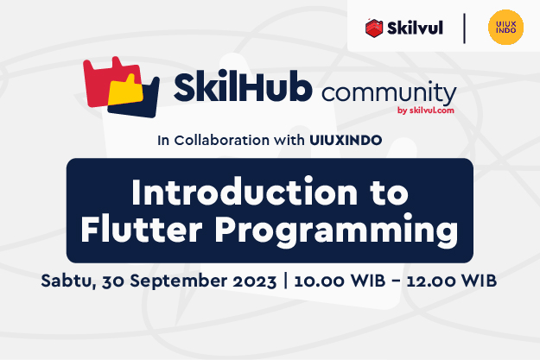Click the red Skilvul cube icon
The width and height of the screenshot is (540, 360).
tap(374, 28)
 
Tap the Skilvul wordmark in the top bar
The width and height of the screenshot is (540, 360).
tap(415, 28)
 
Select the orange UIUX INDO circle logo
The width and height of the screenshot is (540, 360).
tap(505, 27)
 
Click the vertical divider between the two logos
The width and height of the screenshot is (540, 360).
tap(464, 28)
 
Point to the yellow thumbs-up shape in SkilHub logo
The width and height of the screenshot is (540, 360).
tap(125, 90)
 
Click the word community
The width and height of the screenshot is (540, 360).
tap(389, 93)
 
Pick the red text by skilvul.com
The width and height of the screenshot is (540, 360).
tap(426, 111)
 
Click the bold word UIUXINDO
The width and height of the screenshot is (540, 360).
tap(346, 140)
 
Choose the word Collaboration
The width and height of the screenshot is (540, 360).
tap(222, 140)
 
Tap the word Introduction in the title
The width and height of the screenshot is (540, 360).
tap(245, 192)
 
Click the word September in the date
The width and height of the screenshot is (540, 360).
tap(178, 281)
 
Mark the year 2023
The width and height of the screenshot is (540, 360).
tap(255, 281)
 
